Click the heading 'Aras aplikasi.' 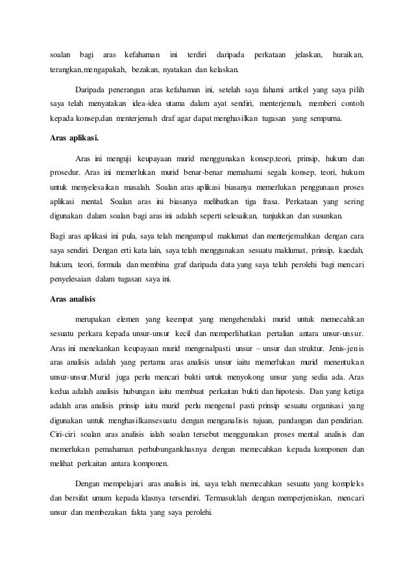(x=75, y=138)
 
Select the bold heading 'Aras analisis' (x=73, y=299)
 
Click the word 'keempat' (x=188, y=319)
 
